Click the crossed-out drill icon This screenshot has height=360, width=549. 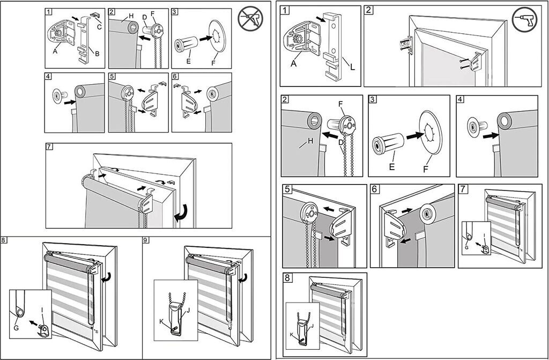(250, 19)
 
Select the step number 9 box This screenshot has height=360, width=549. (146, 240)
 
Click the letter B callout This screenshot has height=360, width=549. (97, 54)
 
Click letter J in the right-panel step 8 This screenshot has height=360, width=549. (311, 325)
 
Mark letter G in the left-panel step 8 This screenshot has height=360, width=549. (16, 328)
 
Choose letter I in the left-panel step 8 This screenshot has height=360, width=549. (41, 310)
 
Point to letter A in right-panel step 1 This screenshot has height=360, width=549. (294, 63)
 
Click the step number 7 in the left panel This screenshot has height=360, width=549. (50, 147)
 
